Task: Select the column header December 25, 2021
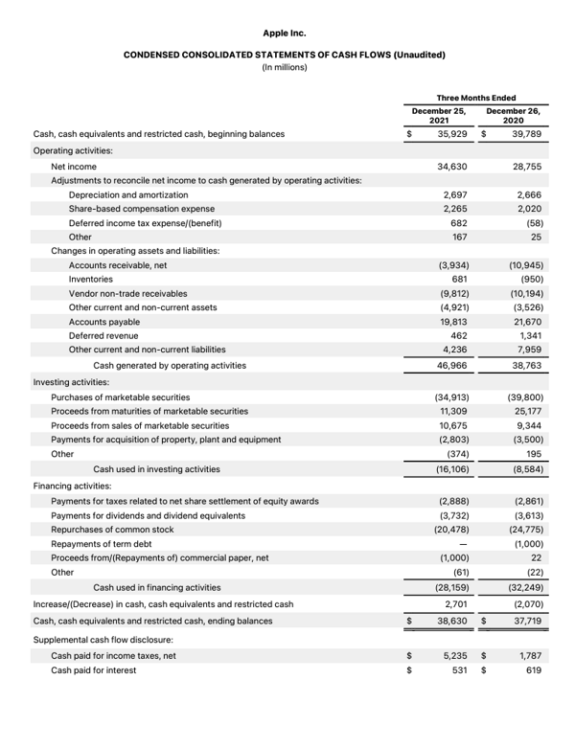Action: click(438, 116)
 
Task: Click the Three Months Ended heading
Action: click(476, 98)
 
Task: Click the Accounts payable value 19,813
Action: click(451, 322)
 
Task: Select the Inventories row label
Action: click(91, 279)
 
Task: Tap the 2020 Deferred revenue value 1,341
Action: click(530, 336)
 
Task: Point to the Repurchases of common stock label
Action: click(112, 529)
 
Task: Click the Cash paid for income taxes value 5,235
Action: click(453, 655)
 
